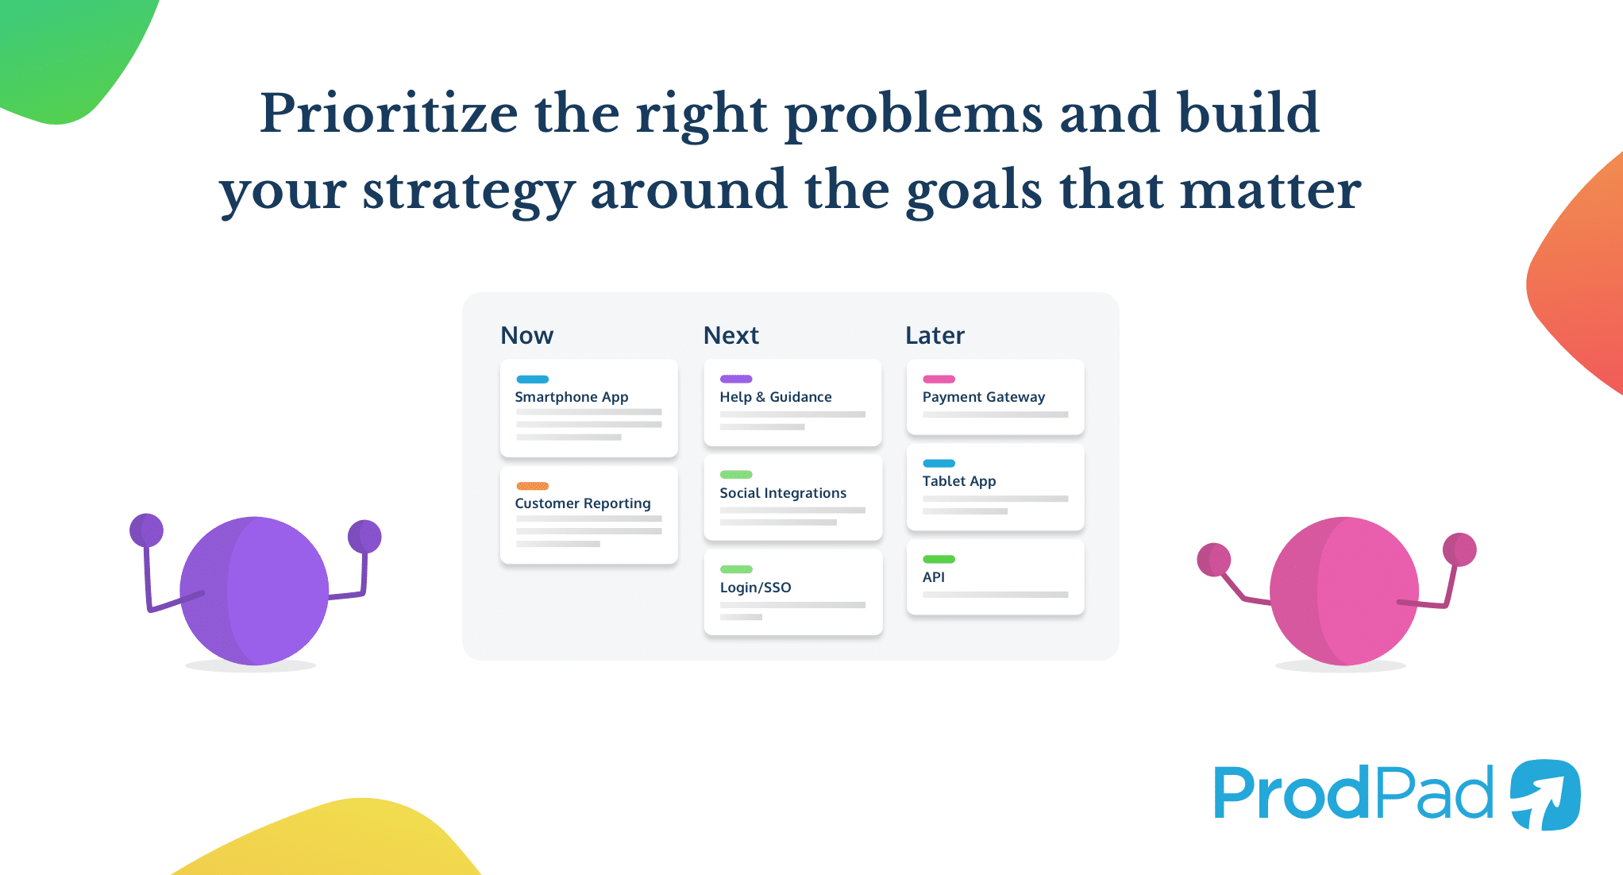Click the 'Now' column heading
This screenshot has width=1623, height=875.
(x=526, y=335)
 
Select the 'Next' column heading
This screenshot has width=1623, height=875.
(x=731, y=335)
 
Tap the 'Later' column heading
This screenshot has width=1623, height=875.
(x=935, y=335)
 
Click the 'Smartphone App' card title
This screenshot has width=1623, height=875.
(x=571, y=397)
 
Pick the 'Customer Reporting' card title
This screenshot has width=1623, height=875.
(x=582, y=503)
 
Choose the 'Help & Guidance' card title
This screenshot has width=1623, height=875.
(x=775, y=397)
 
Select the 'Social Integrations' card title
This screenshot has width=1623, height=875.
(x=783, y=493)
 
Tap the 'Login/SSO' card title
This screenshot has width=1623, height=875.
(x=755, y=588)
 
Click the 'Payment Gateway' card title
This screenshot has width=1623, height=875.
(x=983, y=397)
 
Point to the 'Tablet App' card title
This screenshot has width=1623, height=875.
(x=958, y=481)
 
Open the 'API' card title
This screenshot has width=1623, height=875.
(x=933, y=577)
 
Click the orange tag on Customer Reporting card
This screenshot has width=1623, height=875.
(x=532, y=486)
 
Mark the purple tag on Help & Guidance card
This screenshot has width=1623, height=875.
(x=735, y=379)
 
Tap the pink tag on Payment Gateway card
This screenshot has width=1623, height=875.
(x=939, y=379)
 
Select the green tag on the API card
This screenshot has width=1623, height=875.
(x=939, y=559)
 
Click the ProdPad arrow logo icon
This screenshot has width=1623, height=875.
(x=1544, y=794)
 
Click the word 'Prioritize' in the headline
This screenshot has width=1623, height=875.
(x=388, y=113)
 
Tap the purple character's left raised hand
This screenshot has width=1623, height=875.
(x=146, y=530)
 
